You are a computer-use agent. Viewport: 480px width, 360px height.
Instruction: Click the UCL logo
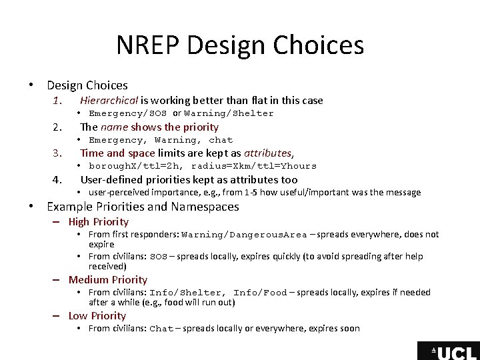pos(448,351)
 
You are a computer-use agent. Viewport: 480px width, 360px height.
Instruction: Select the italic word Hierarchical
pos(109,101)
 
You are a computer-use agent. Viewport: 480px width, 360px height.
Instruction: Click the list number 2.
pos(58,127)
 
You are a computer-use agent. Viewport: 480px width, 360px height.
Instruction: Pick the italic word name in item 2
pos(114,127)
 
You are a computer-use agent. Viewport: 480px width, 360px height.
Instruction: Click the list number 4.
pos(58,180)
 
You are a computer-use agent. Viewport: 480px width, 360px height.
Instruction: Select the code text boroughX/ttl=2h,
pos(137,166)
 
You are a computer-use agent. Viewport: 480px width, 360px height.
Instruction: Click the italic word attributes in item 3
pos(268,153)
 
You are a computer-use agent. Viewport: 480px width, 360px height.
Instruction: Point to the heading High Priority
pos(99,222)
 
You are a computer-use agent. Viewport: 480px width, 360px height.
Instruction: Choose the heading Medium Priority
pos(108,280)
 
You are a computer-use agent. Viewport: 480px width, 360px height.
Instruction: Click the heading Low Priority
pos(97,316)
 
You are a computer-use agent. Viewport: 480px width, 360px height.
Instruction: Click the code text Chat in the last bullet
pos(161,329)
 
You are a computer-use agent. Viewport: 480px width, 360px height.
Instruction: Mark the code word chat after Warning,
pos(221,140)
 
